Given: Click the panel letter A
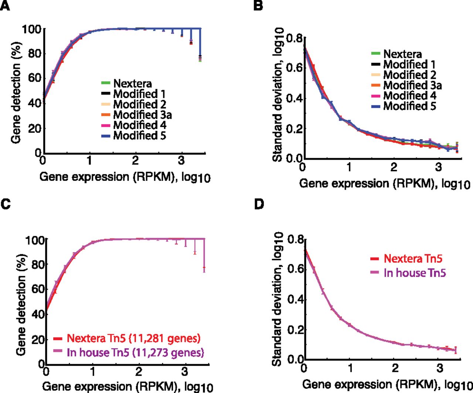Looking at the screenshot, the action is point(5,6).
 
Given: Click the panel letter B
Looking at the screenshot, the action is point(258,6).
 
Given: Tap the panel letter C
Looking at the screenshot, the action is point(6,204).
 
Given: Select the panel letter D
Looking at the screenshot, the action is point(259,204).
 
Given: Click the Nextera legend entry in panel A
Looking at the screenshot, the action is point(133,84).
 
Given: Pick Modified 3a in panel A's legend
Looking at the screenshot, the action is point(143,115).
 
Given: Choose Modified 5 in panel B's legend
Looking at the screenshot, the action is point(409,106).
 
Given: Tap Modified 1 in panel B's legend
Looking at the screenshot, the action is point(409,65).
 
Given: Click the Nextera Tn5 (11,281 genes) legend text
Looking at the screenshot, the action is point(134,338).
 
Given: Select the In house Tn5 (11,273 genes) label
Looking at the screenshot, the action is point(136,352).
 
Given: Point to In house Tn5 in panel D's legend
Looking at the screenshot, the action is point(415,272).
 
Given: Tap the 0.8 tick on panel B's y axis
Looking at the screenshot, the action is point(294,38).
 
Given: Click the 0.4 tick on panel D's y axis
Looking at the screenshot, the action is point(295,299).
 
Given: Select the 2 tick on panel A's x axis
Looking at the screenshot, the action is point(135,160).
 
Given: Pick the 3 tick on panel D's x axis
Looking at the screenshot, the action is point(440,369).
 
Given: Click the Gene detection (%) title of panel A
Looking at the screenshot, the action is point(16,93).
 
